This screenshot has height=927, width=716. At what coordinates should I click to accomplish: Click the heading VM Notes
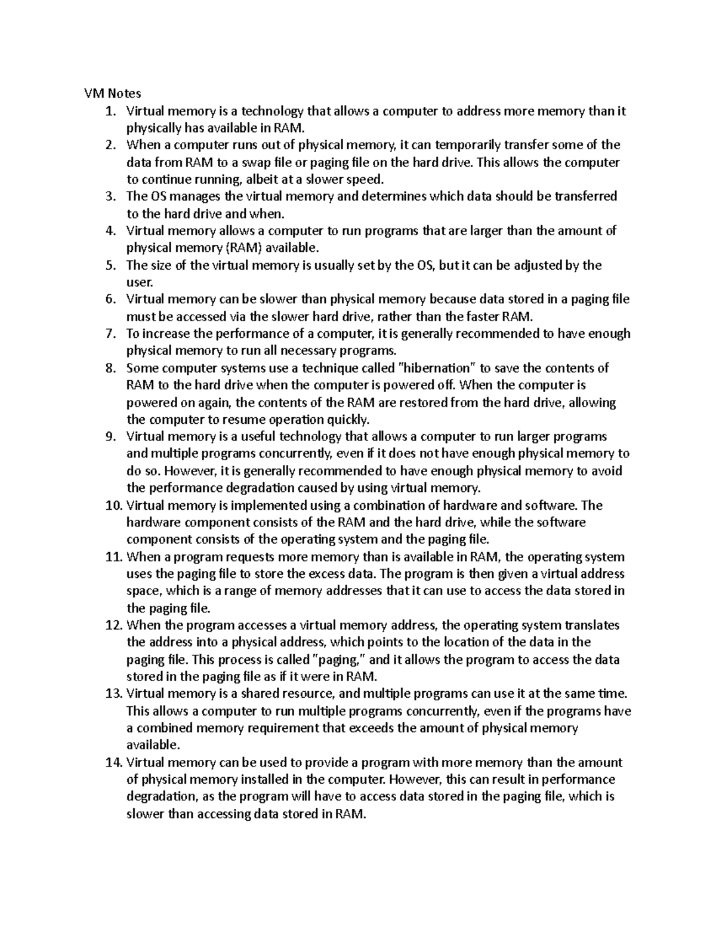pyautogui.click(x=112, y=94)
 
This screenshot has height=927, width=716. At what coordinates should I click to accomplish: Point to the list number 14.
pyautogui.click(x=113, y=763)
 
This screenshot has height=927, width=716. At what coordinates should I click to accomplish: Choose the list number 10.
pyautogui.click(x=113, y=506)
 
